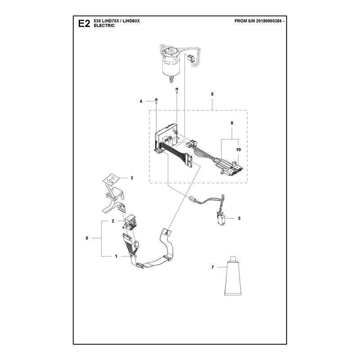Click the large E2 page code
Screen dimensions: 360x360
click(x=84, y=23)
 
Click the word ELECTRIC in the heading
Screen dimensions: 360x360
click(x=104, y=26)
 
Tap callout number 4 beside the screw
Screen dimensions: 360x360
click(x=141, y=101)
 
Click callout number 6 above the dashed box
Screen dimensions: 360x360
click(x=212, y=94)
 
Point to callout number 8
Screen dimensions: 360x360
click(x=232, y=123)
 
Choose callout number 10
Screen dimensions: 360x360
click(x=238, y=150)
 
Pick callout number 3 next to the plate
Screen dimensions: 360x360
click(x=132, y=178)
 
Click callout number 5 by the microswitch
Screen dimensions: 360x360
click(x=239, y=218)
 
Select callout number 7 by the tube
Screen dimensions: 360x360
click(x=212, y=267)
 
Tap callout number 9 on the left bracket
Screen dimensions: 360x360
click(x=87, y=238)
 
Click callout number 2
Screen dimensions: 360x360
click(x=113, y=221)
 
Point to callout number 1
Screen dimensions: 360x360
click(x=116, y=256)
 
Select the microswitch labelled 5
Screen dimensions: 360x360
click(x=220, y=219)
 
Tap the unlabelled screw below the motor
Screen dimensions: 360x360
click(x=177, y=90)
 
